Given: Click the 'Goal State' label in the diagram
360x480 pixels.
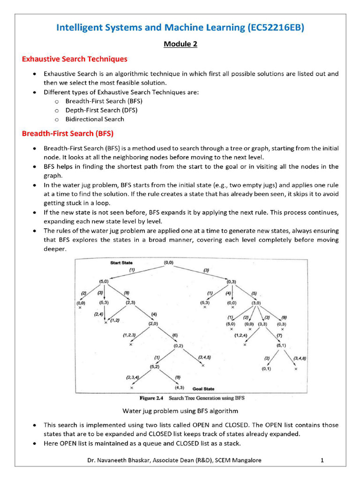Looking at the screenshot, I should pos(203,389).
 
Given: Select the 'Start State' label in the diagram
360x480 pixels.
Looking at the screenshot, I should pos(121,263).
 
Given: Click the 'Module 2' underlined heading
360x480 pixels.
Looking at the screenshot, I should pos(180,44).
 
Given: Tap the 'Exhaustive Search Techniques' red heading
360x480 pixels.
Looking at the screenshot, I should pos(75,59).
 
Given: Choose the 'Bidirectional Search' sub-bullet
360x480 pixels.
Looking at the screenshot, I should pos(95,119).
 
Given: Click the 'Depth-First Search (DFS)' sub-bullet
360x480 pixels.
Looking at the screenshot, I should pos(101,110).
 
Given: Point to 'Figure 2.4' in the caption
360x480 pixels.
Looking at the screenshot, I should pos(152,398).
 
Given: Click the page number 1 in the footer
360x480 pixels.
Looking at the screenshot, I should pos(322,460).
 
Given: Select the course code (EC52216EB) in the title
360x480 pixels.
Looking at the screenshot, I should pos(275,28).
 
